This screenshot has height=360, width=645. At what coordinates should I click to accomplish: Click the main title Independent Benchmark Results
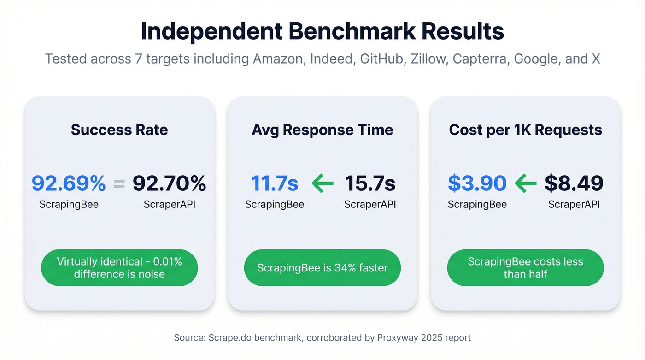(322, 31)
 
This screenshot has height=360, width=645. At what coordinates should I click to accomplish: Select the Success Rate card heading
(119, 130)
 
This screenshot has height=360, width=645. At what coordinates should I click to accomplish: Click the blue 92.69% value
(69, 183)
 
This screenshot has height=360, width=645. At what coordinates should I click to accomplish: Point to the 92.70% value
(169, 183)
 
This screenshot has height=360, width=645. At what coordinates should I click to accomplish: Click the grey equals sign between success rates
(119, 184)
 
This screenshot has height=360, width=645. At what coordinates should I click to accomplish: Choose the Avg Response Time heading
(322, 130)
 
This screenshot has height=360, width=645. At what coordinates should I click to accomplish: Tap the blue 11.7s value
(275, 183)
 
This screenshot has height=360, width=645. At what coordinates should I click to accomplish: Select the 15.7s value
(370, 183)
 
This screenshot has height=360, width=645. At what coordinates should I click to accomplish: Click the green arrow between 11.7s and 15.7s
(322, 184)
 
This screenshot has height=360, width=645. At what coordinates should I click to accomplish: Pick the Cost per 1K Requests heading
(525, 130)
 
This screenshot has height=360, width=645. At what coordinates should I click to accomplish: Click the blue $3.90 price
(477, 183)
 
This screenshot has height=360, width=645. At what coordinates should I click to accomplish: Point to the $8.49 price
(574, 183)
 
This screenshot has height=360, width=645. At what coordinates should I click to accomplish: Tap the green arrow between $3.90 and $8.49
(526, 184)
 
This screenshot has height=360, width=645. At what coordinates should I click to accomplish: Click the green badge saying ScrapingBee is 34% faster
(322, 268)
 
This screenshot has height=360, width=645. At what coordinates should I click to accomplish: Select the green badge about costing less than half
(525, 268)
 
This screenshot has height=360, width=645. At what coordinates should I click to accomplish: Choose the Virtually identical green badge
(119, 268)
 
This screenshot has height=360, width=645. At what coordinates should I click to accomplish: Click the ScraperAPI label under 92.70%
(170, 204)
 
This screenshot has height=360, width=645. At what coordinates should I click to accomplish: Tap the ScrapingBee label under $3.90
(477, 204)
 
